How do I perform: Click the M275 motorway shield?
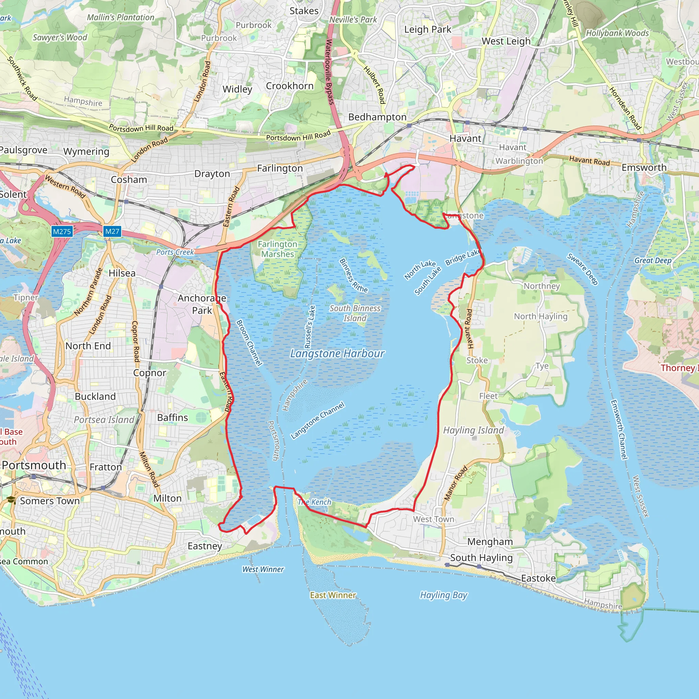[62, 231]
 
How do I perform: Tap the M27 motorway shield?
[112, 231]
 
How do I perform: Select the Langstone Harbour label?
[337, 354]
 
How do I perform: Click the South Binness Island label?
[355, 313]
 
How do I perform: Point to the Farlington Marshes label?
[277, 249]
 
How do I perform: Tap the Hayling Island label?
[473, 430]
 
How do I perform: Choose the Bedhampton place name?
[377, 117]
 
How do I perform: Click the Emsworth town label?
[644, 168]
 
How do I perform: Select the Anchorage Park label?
[202, 304]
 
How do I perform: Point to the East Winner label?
[333, 595]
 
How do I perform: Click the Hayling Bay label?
[444, 595]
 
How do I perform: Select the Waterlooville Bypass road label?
[330, 72]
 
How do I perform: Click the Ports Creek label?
[175, 252]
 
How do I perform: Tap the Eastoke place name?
[538, 579]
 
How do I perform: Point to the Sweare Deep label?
[583, 269]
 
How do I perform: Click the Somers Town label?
[49, 501]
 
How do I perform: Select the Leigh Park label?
[428, 30]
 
